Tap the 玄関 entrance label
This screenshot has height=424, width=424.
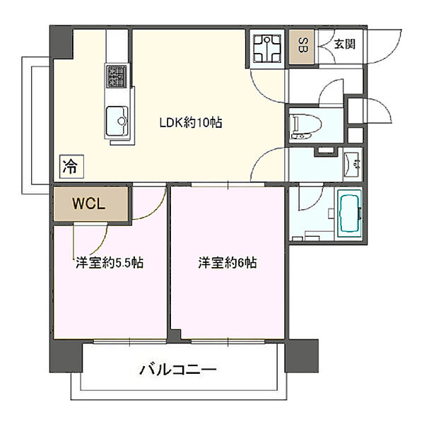(x=344, y=44)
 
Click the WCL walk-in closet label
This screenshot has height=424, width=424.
(x=90, y=204)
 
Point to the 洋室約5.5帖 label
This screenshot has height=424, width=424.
(x=110, y=264)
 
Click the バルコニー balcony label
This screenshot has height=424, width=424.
(x=177, y=369)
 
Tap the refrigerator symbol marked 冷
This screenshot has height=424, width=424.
(x=71, y=167)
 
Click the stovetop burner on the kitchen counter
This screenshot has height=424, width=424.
(x=117, y=76)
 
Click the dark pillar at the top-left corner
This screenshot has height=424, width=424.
(x=61, y=42)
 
